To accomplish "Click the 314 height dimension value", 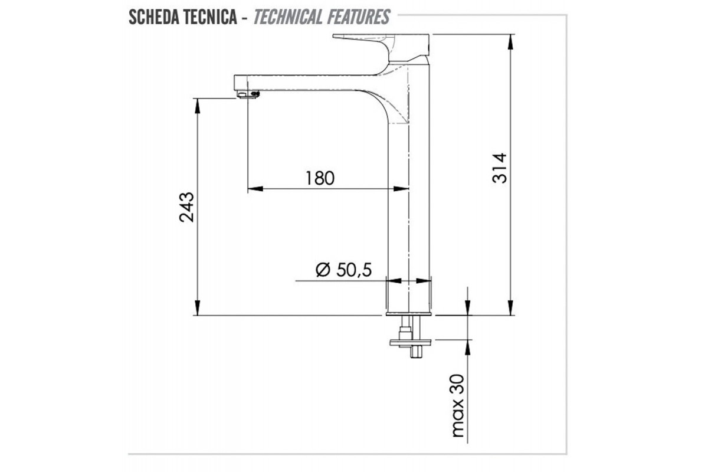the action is coord(499,168).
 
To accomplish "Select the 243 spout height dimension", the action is coord(186,207).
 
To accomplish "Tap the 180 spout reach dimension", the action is coord(320,178).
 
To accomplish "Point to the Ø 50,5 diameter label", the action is coord(343,270).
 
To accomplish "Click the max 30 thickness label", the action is coord(458,406).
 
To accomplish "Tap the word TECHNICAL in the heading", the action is coord(289,17).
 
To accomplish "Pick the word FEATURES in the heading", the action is coord(359,17).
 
